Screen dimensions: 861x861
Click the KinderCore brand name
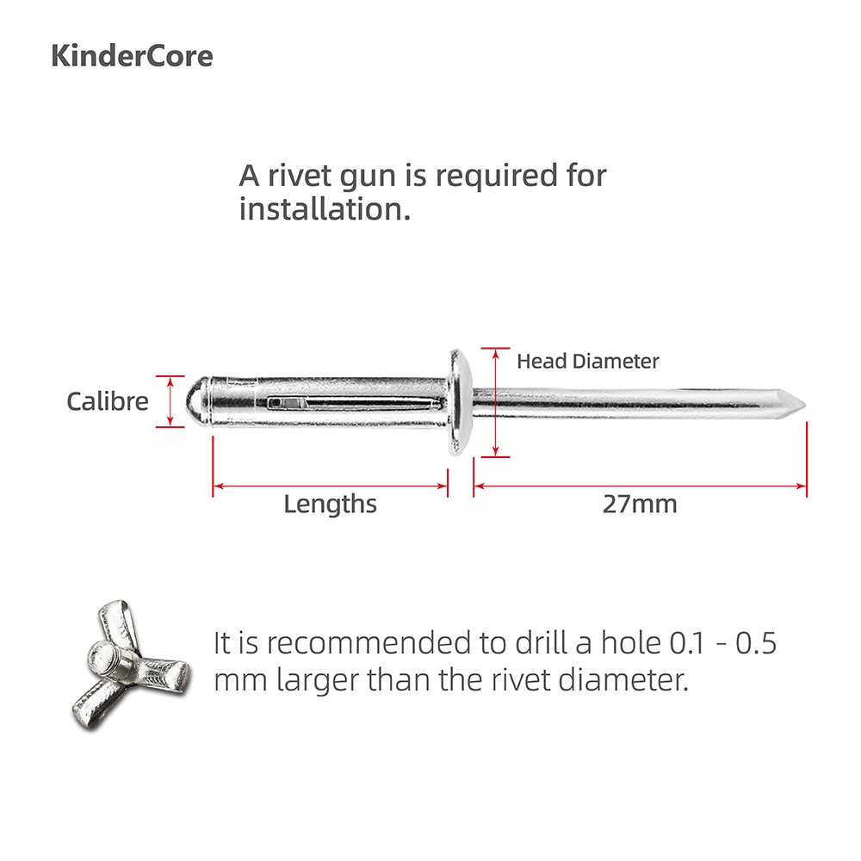[x=132, y=56]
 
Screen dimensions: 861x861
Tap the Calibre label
[x=108, y=401]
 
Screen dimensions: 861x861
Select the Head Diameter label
[x=587, y=362]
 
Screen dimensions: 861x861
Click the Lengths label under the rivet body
[x=330, y=504]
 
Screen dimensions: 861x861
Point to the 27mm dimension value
[x=639, y=504]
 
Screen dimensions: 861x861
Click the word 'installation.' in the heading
[x=324, y=209]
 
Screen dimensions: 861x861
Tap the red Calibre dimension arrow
[x=171, y=401]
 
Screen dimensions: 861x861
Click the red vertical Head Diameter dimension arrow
[x=495, y=402]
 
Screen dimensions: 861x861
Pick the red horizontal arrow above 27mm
[x=640, y=486]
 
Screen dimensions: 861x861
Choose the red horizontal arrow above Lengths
[x=330, y=486]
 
